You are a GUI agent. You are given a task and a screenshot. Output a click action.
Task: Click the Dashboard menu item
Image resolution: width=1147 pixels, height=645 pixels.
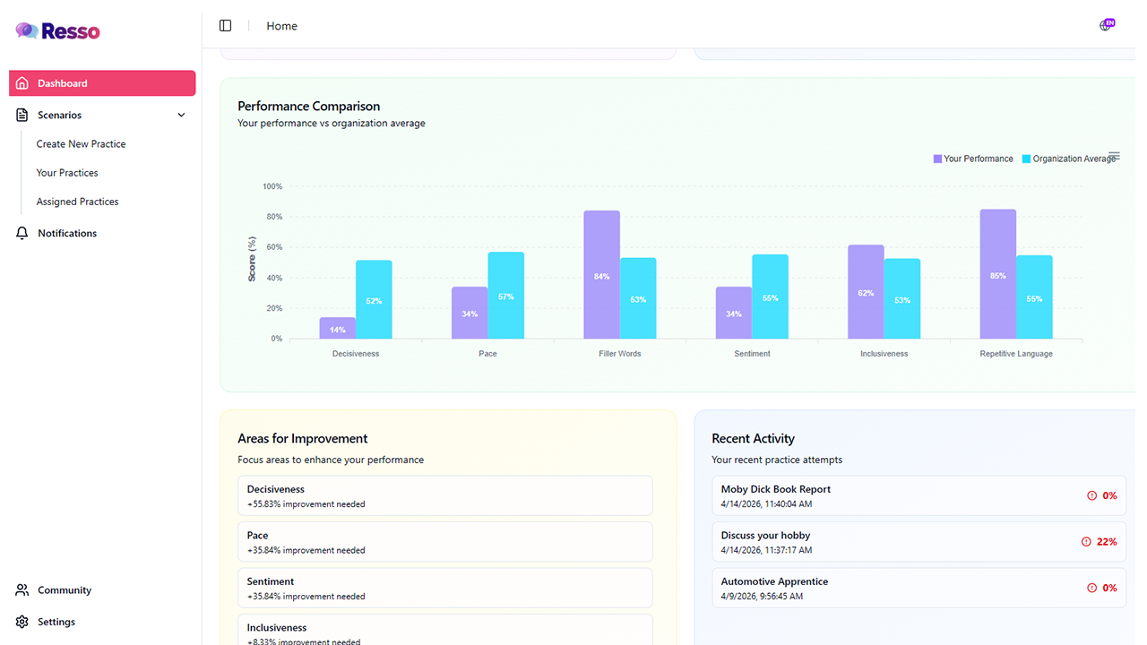point(102,83)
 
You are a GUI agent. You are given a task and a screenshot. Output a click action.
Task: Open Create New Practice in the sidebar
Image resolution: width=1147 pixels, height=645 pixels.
point(81,144)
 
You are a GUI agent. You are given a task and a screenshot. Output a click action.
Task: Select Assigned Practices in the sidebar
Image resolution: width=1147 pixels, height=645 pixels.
point(77,202)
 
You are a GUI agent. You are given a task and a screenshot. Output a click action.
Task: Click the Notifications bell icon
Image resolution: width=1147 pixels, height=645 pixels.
point(22,233)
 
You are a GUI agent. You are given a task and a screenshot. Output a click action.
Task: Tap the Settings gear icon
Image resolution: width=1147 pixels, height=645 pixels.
point(22,622)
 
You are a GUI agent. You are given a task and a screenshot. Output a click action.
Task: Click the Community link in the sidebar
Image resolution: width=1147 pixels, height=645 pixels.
point(64,589)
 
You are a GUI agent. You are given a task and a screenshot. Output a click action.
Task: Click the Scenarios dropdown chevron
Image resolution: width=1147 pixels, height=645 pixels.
point(181,116)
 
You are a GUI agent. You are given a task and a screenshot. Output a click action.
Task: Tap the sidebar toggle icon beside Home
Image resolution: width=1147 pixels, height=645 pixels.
point(225,26)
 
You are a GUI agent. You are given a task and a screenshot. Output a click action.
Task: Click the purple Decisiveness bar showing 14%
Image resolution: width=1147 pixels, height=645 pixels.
point(338,328)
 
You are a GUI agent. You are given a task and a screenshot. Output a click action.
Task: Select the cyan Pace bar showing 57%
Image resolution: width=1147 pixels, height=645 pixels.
point(506,296)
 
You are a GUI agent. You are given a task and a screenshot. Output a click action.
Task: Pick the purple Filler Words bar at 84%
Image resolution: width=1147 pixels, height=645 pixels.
point(601,274)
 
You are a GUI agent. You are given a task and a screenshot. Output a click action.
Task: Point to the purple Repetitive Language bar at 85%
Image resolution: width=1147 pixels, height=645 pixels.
point(998,274)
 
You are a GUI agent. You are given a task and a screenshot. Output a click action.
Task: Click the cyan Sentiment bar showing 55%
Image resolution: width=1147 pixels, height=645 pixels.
point(770,297)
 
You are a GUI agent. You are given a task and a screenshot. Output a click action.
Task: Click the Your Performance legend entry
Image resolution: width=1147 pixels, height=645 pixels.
point(973,159)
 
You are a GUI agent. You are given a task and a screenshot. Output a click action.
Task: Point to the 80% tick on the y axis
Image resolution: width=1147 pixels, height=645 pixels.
point(274,217)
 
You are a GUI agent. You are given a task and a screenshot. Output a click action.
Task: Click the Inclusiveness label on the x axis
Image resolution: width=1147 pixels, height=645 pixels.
point(884,354)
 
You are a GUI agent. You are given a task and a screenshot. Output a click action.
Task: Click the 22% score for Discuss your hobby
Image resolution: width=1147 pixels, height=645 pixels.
point(1107,542)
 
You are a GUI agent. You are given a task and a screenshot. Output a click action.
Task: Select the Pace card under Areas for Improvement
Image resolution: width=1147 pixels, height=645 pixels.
point(445,542)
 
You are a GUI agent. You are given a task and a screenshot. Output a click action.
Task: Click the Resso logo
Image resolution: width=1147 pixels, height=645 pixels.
point(58,31)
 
